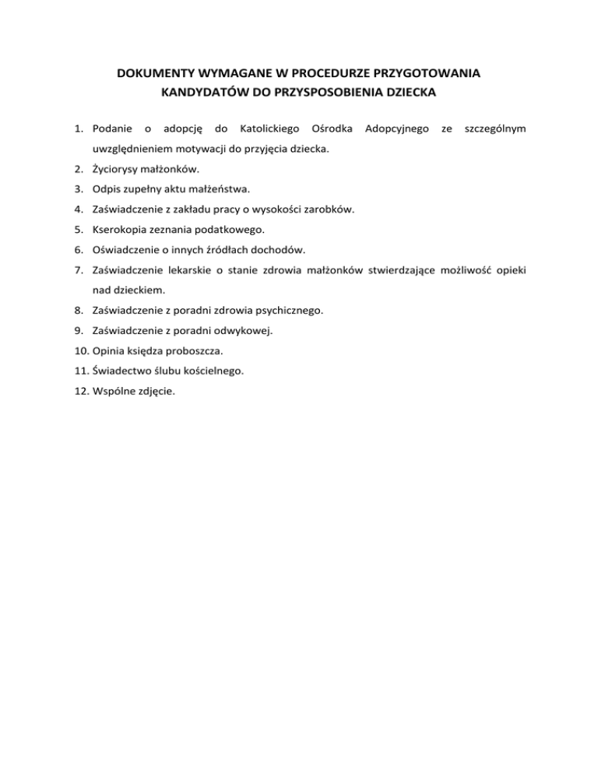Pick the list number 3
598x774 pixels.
[x=80, y=188]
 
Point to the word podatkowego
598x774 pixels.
[x=231, y=229]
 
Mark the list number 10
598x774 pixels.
[x=81, y=350]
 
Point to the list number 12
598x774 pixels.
[x=81, y=392]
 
